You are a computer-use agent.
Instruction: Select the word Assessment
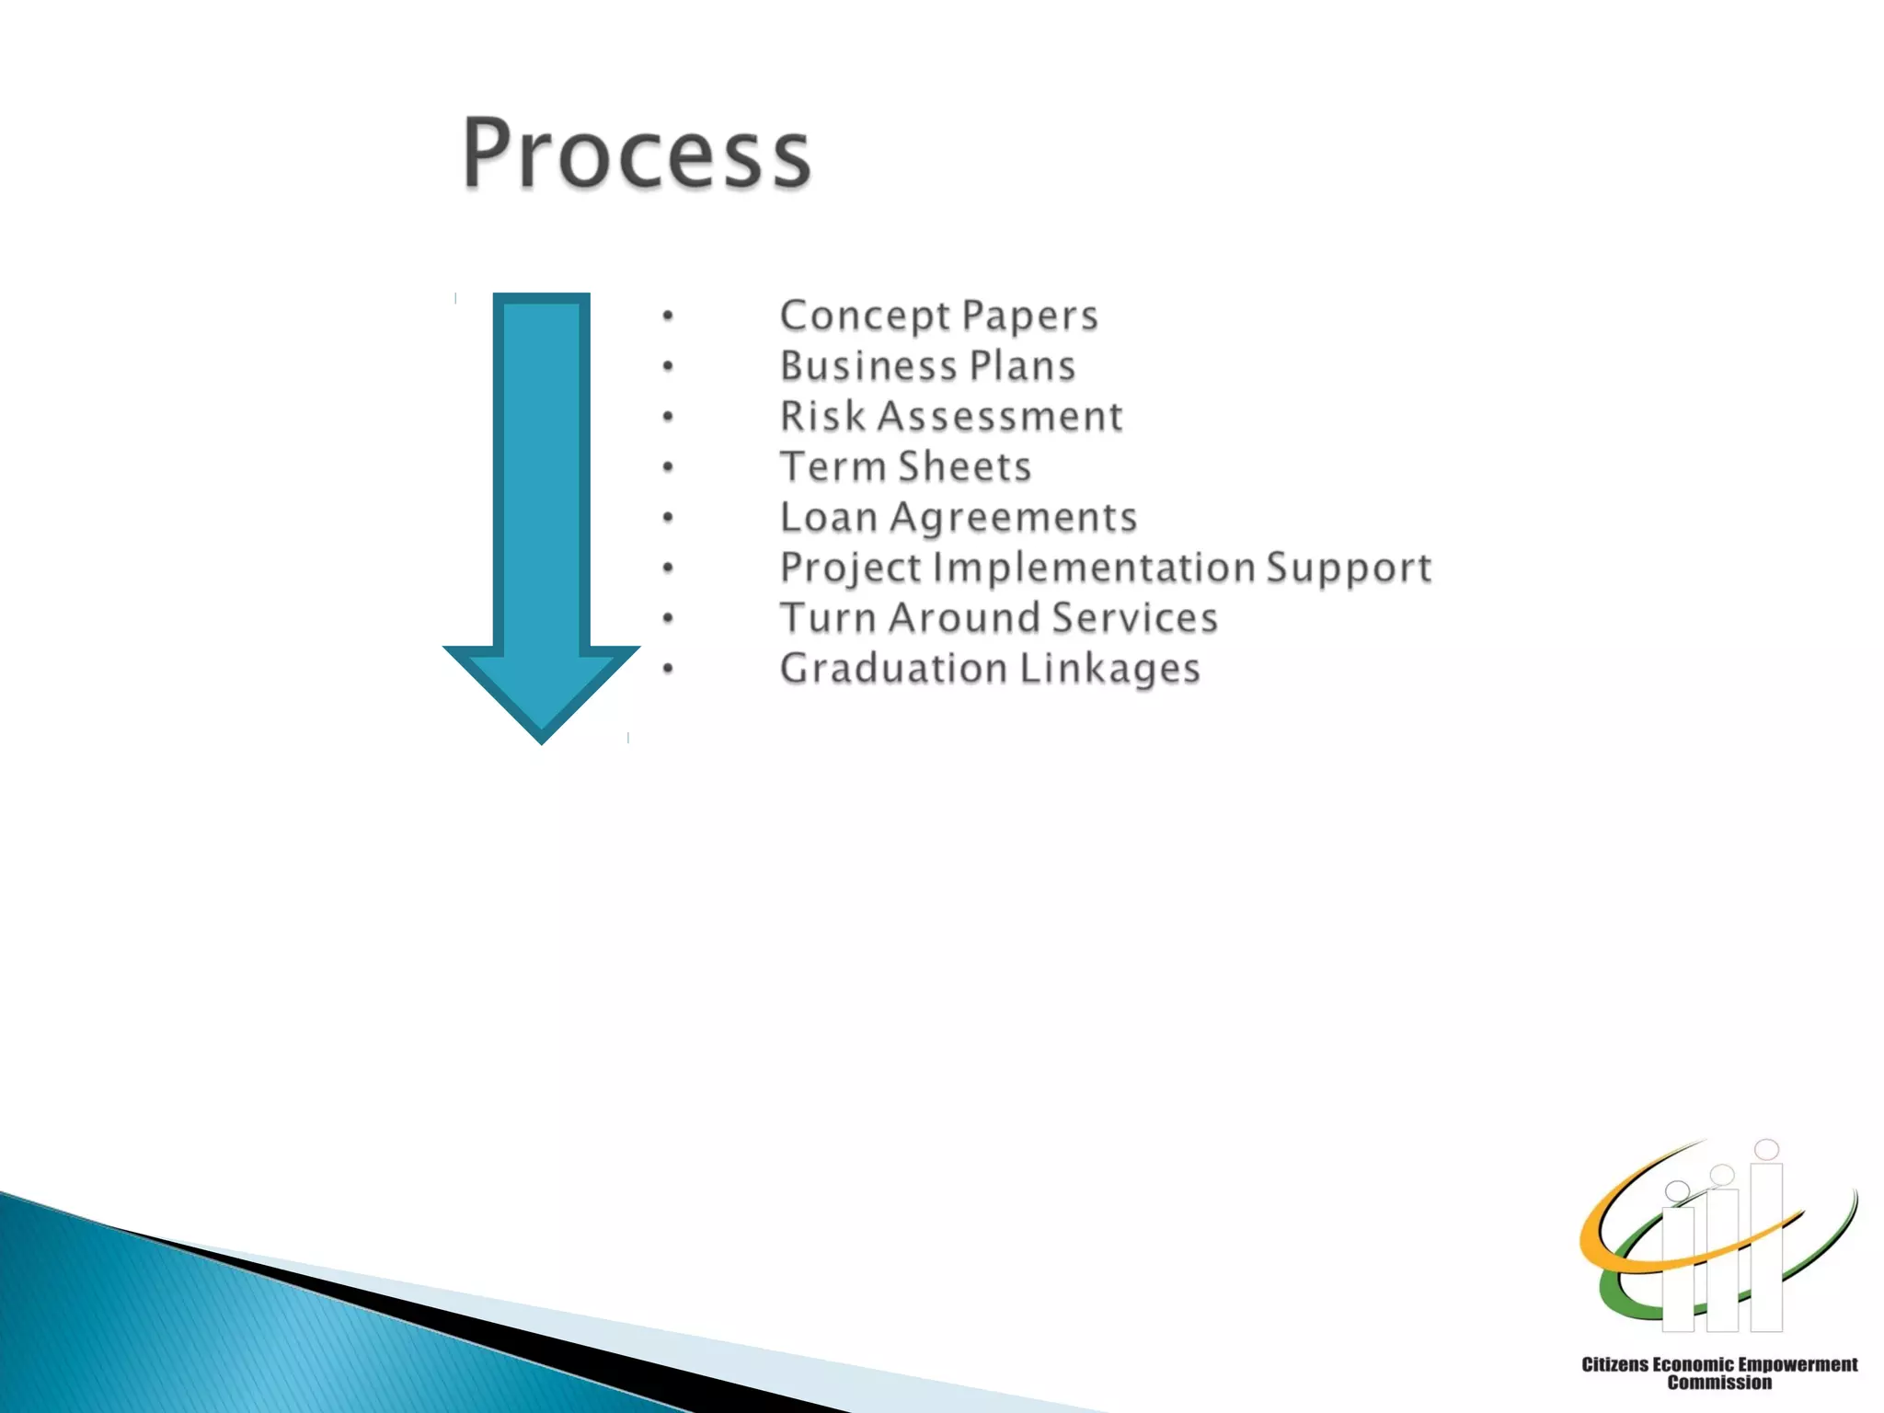1000,416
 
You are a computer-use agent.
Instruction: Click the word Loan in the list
828,517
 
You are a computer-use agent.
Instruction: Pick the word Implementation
1094,567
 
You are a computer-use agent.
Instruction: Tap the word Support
1349,569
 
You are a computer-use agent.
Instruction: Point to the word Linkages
1109,669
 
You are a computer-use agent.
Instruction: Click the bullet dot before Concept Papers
668,317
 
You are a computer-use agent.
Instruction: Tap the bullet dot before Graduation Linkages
668,670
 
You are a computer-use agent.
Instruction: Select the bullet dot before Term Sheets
668,468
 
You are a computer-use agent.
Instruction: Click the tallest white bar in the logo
1766,1246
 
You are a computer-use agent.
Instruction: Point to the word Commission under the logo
1718,1383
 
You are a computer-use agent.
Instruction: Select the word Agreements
1014,518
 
